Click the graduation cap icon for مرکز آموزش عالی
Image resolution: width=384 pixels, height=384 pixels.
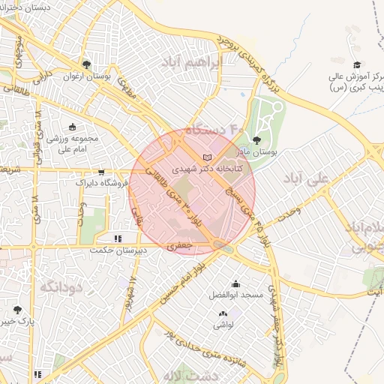(357, 65)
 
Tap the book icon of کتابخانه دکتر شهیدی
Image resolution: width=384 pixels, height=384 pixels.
(207, 157)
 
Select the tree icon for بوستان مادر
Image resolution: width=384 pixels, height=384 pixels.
(257, 139)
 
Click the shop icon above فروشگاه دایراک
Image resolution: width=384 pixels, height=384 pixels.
(101, 172)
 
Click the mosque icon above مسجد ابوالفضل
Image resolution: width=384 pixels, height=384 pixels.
(236, 283)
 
